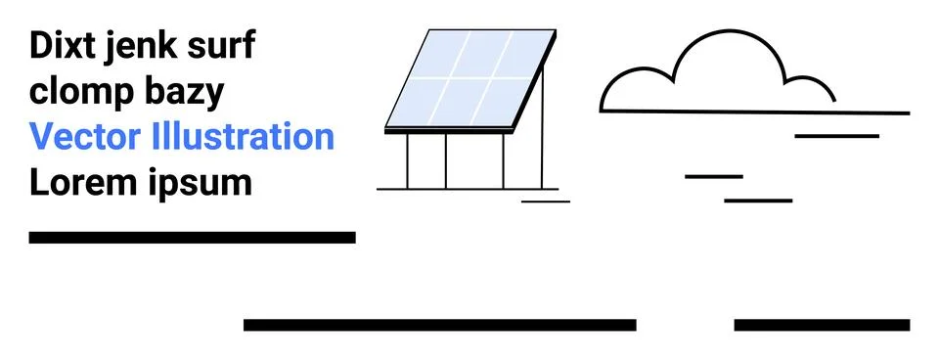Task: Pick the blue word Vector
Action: (85, 137)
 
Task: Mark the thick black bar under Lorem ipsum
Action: (192, 237)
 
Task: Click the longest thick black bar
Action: (440, 325)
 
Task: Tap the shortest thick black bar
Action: (822, 325)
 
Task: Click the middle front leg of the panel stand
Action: (446, 159)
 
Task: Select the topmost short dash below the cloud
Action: (836, 136)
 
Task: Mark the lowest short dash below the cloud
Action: (758, 201)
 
